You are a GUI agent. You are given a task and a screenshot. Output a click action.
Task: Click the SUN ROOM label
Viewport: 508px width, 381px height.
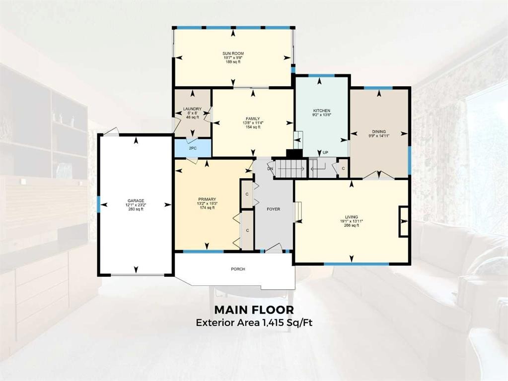click(x=233, y=53)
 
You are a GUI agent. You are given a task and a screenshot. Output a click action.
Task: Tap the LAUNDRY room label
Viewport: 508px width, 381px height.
click(x=192, y=109)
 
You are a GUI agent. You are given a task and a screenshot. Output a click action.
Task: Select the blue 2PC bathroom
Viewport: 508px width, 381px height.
click(x=193, y=148)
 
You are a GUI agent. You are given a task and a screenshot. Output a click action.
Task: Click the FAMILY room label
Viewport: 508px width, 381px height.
click(x=253, y=119)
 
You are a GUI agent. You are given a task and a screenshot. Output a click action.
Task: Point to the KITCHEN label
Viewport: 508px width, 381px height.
click(x=321, y=111)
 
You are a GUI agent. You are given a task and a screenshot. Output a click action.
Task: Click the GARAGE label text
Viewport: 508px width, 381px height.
click(x=135, y=200)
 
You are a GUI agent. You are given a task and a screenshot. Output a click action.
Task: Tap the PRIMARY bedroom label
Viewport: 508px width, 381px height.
click(x=207, y=199)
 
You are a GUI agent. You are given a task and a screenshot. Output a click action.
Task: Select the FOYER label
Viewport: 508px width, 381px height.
click(x=273, y=209)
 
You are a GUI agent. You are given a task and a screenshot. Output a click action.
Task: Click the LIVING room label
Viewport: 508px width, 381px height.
click(x=351, y=217)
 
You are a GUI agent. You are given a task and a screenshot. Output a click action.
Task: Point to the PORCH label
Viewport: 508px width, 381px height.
click(x=238, y=269)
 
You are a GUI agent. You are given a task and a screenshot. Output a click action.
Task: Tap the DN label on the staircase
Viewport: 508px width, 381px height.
click(x=270, y=169)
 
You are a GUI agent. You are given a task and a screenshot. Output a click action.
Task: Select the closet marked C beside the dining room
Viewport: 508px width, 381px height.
click(x=343, y=169)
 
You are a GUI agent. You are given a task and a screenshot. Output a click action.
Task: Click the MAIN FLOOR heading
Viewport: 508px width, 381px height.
click(x=254, y=310)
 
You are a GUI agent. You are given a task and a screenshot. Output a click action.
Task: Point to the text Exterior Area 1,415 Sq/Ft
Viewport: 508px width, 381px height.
click(x=254, y=322)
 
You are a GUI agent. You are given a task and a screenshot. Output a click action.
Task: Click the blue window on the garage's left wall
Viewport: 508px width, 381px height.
click(x=99, y=202)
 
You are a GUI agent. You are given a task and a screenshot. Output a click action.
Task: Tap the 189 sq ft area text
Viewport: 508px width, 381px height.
click(x=233, y=62)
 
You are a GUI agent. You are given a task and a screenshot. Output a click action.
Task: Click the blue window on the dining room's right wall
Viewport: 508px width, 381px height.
click(x=409, y=160)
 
